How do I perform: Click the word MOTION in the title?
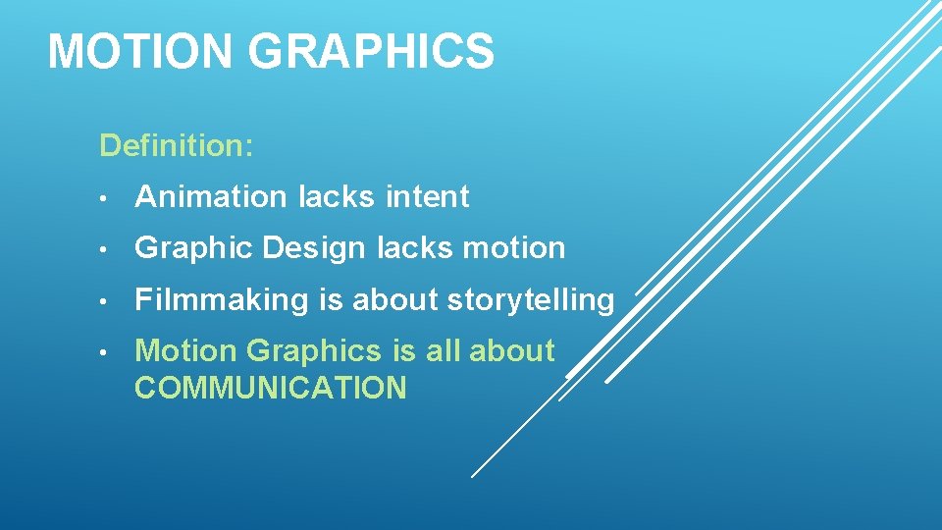[139, 51]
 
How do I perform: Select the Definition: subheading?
[177, 146]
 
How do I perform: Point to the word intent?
[427, 197]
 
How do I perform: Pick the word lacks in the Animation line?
[336, 197]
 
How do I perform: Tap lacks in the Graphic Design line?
[413, 249]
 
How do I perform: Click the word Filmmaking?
[222, 300]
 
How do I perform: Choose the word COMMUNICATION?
[270, 388]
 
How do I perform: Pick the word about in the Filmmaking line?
[394, 300]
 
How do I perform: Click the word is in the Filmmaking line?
[331, 300]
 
